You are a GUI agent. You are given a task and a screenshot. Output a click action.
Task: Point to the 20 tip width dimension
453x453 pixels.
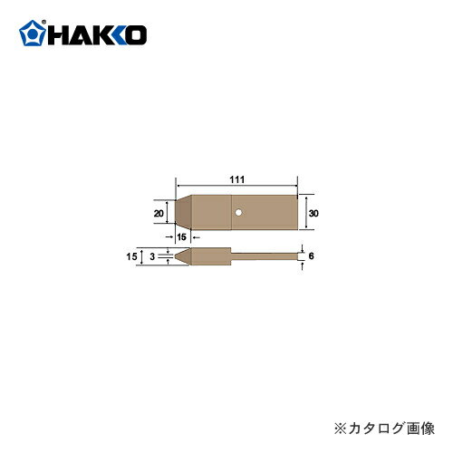pyautogui.click(x=159, y=213)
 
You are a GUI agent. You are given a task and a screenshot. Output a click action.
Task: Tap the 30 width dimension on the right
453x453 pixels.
pyautogui.click(x=313, y=212)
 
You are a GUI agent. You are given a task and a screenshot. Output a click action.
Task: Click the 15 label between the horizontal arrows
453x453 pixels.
pyautogui.click(x=181, y=236)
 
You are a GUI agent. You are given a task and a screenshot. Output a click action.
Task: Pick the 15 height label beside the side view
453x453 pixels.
pyautogui.click(x=132, y=257)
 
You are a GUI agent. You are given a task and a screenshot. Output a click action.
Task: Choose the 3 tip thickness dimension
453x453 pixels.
pyautogui.click(x=152, y=257)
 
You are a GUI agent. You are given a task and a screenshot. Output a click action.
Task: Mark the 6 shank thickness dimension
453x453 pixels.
pyautogui.click(x=311, y=257)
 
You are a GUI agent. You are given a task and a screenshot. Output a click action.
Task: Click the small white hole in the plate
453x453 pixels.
pyautogui.click(x=236, y=212)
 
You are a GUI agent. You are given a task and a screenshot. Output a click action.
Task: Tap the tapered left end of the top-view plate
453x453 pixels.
pyautogui.click(x=181, y=212)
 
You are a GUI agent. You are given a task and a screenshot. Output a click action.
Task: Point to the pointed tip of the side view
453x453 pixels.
pyautogui.click(x=178, y=257)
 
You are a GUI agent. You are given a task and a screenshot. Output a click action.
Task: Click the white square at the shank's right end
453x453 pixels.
pyautogui.click(x=300, y=257)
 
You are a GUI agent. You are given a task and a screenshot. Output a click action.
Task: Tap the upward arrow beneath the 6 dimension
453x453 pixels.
pyautogui.click(x=301, y=269)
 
